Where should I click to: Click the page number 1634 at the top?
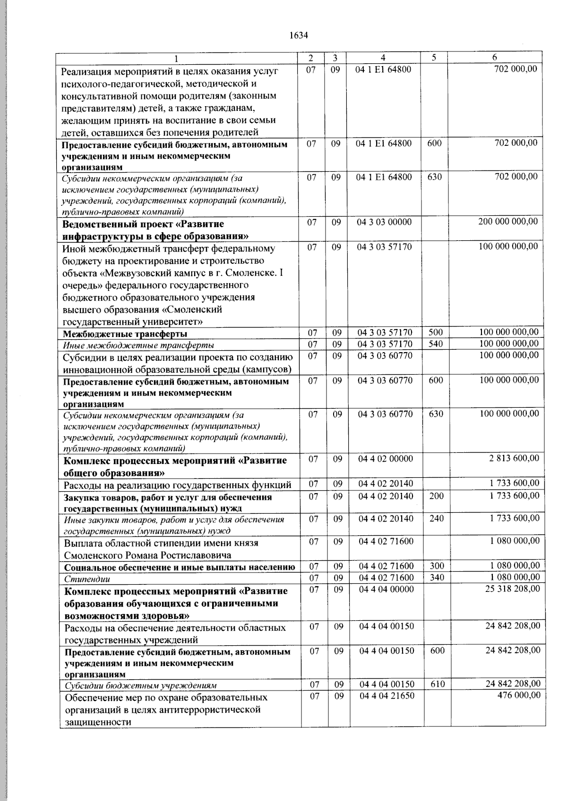pyautogui.click(x=298, y=35)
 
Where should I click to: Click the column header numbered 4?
pyautogui.click(x=383, y=58)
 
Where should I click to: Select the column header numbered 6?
pyautogui.click(x=494, y=58)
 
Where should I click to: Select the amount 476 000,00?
pyautogui.click(x=519, y=695)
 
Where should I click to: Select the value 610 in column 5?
pyautogui.click(x=438, y=684)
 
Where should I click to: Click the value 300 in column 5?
pyautogui.click(x=437, y=566)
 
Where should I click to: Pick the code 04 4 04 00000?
pyautogui.click(x=387, y=589)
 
